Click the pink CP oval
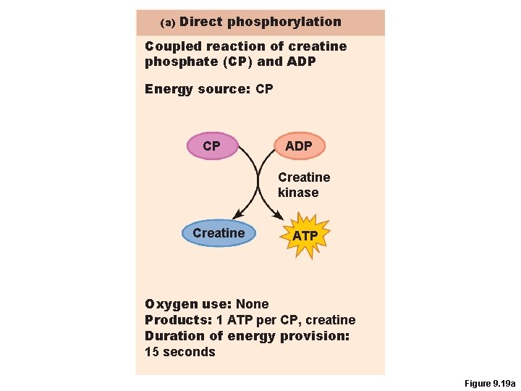tap(211, 146)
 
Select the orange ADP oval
tap(299, 146)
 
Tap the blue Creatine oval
tap(219, 233)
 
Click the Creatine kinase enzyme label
tap(303, 185)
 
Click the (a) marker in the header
tap(168, 23)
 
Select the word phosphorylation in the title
tap(284, 22)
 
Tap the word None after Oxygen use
tap(252, 304)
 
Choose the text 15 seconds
tap(180, 352)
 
